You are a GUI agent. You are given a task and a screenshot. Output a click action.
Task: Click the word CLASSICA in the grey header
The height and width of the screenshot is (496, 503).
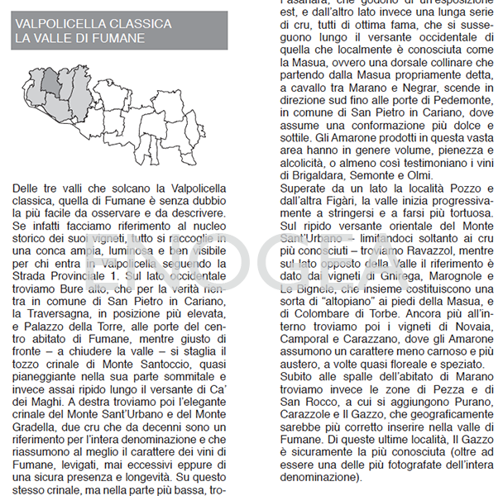pos(141,24)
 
